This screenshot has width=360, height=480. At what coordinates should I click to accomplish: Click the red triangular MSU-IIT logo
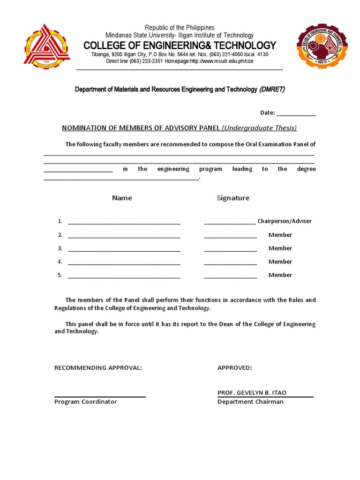(x=47, y=46)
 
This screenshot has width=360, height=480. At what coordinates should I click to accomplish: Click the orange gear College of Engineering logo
(x=322, y=46)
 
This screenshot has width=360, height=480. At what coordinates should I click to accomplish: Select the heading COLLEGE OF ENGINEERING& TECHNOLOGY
(x=180, y=45)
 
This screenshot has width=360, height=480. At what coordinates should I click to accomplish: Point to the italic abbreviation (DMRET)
(x=272, y=90)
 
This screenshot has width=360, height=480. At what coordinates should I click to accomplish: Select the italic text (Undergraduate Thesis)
(x=259, y=128)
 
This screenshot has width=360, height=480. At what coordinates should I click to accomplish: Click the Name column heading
(x=122, y=198)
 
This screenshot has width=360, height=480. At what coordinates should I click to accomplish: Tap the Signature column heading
(x=233, y=198)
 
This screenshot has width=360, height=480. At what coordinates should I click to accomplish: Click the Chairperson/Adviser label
(x=284, y=221)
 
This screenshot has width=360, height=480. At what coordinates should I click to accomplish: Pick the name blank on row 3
(x=124, y=249)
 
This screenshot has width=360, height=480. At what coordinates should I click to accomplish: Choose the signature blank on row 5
(x=230, y=276)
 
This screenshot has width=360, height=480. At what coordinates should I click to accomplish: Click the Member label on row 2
(x=280, y=235)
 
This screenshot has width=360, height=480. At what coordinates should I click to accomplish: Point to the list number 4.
(x=60, y=262)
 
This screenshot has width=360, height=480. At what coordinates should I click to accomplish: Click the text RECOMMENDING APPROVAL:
(x=98, y=368)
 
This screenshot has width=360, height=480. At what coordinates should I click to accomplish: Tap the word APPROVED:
(x=234, y=368)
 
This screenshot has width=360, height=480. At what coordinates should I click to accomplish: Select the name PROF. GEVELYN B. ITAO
(x=252, y=393)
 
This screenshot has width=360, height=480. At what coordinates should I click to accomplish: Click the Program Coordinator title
(x=85, y=402)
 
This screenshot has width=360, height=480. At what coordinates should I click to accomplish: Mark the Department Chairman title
(x=250, y=402)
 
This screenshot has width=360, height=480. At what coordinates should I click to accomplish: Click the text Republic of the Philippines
(x=180, y=28)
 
